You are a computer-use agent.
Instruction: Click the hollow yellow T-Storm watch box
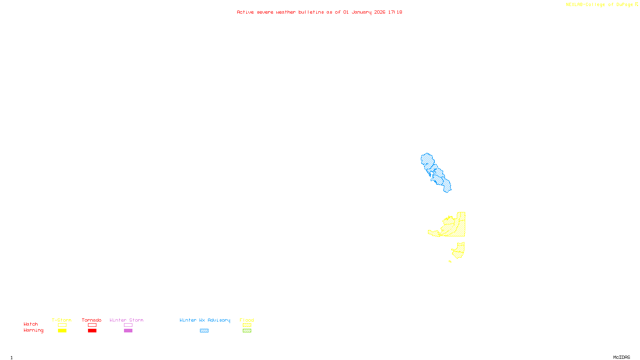(x=62, y=325)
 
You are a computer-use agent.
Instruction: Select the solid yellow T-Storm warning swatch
(x=62, y=331)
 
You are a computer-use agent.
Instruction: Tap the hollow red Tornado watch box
(x=92, y=325)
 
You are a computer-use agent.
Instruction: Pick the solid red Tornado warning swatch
(x=92, y=331)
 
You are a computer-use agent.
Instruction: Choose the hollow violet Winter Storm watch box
(x=128, y=325)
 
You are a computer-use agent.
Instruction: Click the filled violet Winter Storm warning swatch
(x=128, y=331)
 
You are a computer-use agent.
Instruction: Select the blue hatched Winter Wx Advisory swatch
(x=204, y=331)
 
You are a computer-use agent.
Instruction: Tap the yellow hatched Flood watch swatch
(x=247, y=325)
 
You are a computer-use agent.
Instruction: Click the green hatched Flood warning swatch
(x=247, y=331)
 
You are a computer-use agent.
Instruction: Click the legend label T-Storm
(x=62, y=320)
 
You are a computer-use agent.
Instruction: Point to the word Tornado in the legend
(x=92, y=320)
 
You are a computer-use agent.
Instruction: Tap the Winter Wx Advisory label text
(x=205, y=320)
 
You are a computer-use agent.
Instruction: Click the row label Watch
(x=31, y=324)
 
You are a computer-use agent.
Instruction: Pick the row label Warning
(x=33, y=330)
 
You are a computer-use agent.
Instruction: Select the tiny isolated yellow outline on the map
(x=450, y=262)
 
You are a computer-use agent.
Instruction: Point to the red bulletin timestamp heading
(x=320, y=12)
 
